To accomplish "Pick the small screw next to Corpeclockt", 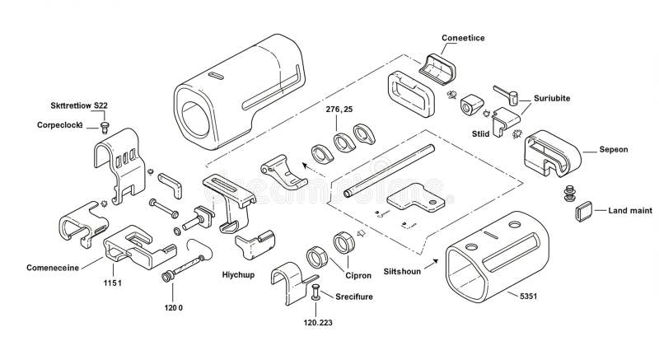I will coord(105,126).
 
